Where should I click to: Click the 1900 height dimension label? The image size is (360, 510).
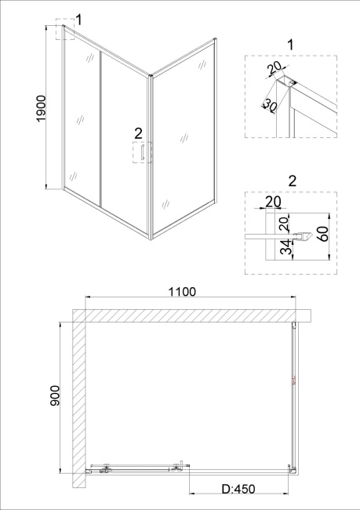pos(42,108)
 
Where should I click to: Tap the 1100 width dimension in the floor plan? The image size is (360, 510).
pos(182,292)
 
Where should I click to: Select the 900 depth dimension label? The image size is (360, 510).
pos(55,395)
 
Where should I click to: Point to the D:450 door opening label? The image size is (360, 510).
pos(238,489)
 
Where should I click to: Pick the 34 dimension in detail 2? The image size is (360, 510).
pos(286,248)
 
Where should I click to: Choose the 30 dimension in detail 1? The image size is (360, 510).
pos(270,105)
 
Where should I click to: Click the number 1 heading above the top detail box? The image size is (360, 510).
pos(290,45)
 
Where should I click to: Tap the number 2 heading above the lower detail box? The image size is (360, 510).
pos(293,180)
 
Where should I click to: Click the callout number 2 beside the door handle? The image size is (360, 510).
pos(138,133)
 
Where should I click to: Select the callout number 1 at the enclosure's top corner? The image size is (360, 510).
pos(78,20)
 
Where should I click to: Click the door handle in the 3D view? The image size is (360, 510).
pos(142,152)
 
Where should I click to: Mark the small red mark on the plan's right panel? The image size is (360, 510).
pos(294,381)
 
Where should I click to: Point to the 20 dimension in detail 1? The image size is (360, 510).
pos(275,68)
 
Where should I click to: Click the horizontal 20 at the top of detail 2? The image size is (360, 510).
pos(273,202)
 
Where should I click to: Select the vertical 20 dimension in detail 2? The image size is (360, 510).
pos(284,224)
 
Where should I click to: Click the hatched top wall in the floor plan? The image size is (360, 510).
pos(192,315)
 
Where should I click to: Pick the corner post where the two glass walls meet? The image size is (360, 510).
pos(151,158)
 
